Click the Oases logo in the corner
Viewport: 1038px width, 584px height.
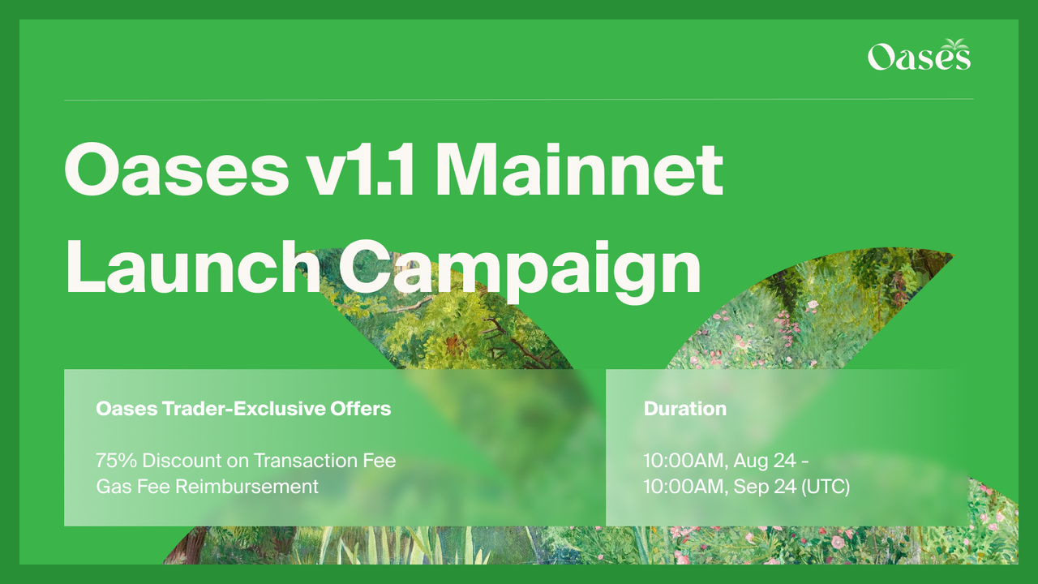point(919,54)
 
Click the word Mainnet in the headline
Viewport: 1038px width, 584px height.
point(579,170)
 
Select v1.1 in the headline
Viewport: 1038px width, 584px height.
point(360,170)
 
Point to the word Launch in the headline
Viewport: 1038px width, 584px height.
point(193,267)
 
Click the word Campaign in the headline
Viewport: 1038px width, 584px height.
point(520,272)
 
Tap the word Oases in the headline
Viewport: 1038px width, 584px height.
point(177,170)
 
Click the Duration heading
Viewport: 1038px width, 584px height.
point(685,409)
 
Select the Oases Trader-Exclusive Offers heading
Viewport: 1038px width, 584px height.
point(243,409)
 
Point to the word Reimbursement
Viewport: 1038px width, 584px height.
point(247,487)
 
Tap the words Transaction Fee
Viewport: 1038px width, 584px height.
point(325,461)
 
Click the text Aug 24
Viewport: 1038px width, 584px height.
point(765,461)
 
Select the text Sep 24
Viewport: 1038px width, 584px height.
point(765,487)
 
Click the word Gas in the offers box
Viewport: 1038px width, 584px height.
point(111,487)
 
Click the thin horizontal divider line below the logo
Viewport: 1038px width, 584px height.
point(518,99)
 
